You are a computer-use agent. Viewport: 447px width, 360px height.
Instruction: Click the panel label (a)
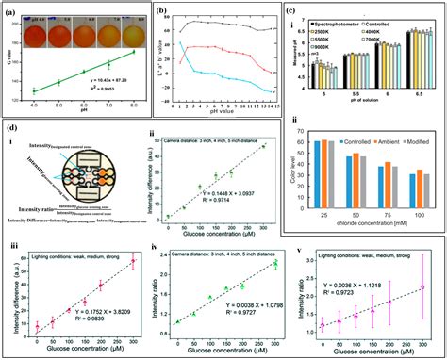click(11, 11)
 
